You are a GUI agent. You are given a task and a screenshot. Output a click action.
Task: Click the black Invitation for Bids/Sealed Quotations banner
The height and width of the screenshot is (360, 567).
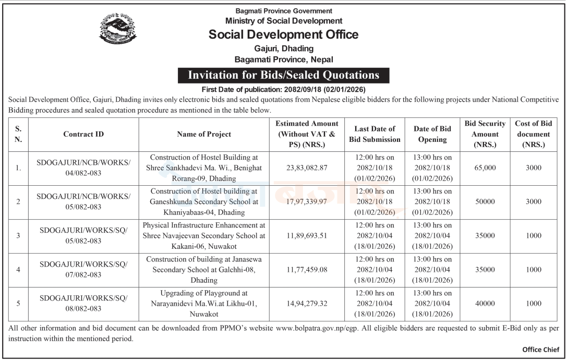283,75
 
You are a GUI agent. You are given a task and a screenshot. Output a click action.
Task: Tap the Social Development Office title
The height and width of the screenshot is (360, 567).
283,34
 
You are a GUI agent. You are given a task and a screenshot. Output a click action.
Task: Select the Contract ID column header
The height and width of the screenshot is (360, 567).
83,134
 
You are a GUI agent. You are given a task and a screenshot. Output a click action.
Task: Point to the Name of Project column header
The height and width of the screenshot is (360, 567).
204,134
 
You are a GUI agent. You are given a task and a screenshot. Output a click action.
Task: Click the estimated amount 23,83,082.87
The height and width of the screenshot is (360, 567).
307,168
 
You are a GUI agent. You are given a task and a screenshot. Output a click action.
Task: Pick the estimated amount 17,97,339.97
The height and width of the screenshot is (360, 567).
307,201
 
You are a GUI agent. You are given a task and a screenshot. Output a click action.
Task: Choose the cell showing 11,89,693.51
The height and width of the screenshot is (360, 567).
307,235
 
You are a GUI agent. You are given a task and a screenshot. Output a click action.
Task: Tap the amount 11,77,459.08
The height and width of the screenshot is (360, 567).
307,269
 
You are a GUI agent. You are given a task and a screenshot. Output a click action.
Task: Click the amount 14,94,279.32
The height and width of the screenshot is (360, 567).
307,303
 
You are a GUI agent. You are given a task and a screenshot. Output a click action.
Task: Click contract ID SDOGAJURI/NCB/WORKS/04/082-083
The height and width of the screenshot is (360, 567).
83,168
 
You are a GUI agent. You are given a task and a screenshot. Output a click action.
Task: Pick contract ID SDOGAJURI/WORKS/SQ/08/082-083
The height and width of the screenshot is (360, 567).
83,303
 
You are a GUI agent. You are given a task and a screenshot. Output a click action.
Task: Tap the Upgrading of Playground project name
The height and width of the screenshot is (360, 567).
204,303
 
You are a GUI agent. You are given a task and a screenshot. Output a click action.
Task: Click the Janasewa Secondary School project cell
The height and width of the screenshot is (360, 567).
204,269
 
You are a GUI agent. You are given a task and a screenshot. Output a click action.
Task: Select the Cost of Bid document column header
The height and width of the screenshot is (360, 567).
533,134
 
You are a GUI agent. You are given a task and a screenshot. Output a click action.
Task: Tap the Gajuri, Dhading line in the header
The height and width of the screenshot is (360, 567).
283,48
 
